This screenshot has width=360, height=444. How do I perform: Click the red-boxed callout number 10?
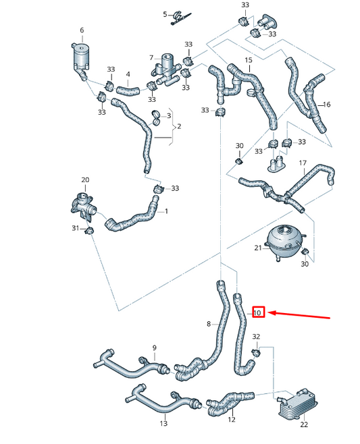point(257,312)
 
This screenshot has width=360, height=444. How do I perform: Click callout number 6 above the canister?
point(82,30)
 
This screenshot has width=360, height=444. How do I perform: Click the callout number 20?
point(85,179)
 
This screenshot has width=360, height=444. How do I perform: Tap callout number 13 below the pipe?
point(163,423)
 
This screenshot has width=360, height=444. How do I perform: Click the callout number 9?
point(154,348)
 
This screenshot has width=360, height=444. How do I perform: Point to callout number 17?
point(303,163)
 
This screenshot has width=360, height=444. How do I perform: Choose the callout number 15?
point(248,61)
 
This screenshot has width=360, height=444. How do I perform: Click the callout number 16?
point(327,105)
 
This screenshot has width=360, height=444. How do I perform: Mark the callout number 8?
point(209,325)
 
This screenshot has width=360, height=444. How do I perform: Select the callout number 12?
point(231,420)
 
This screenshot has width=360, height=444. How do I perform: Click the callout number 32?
point(255,336)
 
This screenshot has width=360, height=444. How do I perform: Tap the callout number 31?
point(76,229)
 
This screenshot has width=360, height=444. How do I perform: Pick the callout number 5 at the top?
point(165,14)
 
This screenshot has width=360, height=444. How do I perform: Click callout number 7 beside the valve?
point(152,59)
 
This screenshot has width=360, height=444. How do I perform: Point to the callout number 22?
point(304,424)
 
